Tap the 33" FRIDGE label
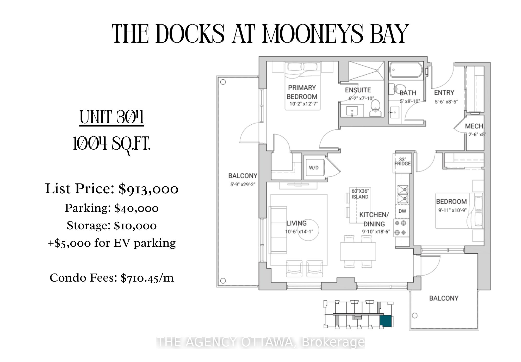coord(402,161)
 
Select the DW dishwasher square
coord(402,211)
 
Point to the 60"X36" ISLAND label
coord(360,194)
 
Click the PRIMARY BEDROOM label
coord(302,92)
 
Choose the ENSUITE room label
coord(358,90)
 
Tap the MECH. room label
coord(474,126)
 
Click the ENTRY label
coord(444,93)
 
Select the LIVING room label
coord(296,223)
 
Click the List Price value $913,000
coord(148,189)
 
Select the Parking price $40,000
coord(136,208)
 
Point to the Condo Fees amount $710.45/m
coord(147,278)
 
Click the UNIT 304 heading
coord(112,117)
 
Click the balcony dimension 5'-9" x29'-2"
coord(243,185)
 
